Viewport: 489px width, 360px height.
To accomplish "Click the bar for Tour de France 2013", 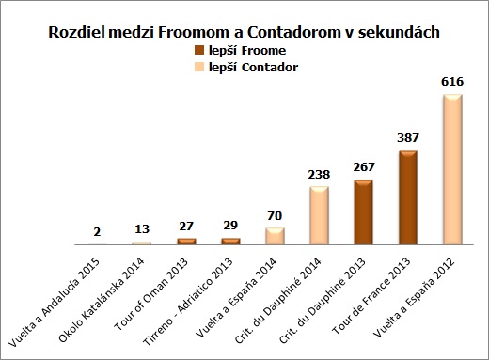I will [x=408, y=197].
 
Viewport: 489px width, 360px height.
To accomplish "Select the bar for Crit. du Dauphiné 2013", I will [x=363, y=212].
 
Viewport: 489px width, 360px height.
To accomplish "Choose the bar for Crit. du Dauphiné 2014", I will [x=318, y=216].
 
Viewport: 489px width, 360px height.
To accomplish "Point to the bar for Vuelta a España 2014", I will [x=275, y=236].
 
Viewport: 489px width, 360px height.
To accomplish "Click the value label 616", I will [x=452, y=83].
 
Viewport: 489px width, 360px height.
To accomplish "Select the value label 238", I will [x=318, y=175].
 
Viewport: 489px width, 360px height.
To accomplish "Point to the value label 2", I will [x=96, y=232].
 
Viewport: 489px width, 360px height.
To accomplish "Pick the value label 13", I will [x=140, y=229].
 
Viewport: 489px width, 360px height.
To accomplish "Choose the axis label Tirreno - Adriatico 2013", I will [x=199, y=290].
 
